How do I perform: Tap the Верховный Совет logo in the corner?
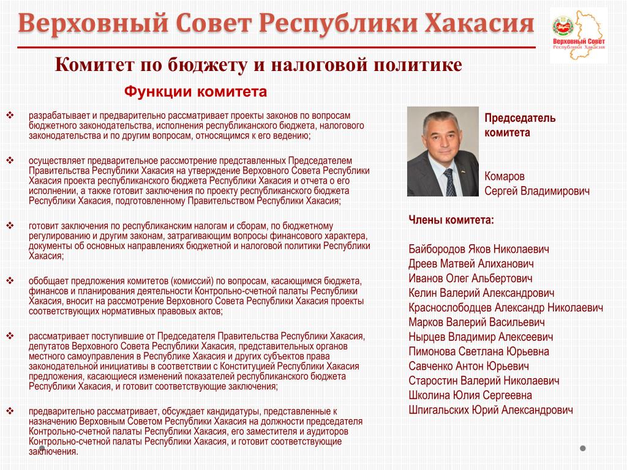tap(579, 35)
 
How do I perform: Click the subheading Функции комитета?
tap(196, 92)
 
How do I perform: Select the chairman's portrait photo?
tap(443, 151)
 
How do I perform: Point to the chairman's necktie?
tap(450, 182)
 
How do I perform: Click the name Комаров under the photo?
tap(505, 176)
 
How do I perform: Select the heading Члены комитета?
tap(451, 220)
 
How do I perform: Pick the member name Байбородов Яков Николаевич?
tap(479, 249)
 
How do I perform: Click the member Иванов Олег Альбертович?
tap(470, 278)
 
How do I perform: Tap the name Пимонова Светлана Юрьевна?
tap(479, 351)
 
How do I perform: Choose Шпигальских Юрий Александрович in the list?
tap(490, 410)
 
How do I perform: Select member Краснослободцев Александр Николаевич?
tap(506, 307)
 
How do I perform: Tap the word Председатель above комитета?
tap(520, 117)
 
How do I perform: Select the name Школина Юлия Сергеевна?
tap(470, 395)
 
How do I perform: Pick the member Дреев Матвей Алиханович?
tap(471, 264)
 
